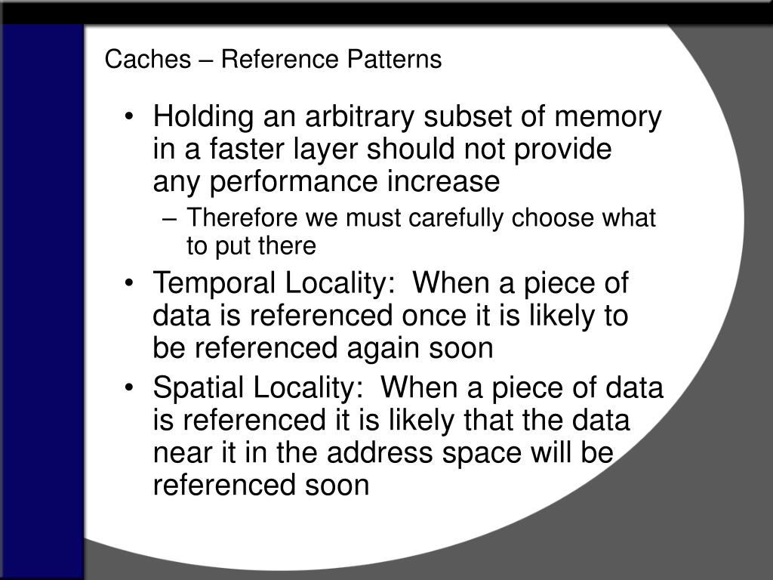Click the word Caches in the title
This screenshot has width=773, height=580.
point(147,59)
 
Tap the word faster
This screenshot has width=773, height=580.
point(246,149)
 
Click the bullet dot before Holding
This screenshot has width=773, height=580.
point(129,117)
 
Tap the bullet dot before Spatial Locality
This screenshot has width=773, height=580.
point(129,388)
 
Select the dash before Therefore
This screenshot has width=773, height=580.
point(169,219)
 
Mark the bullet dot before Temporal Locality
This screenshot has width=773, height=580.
point(129,284)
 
